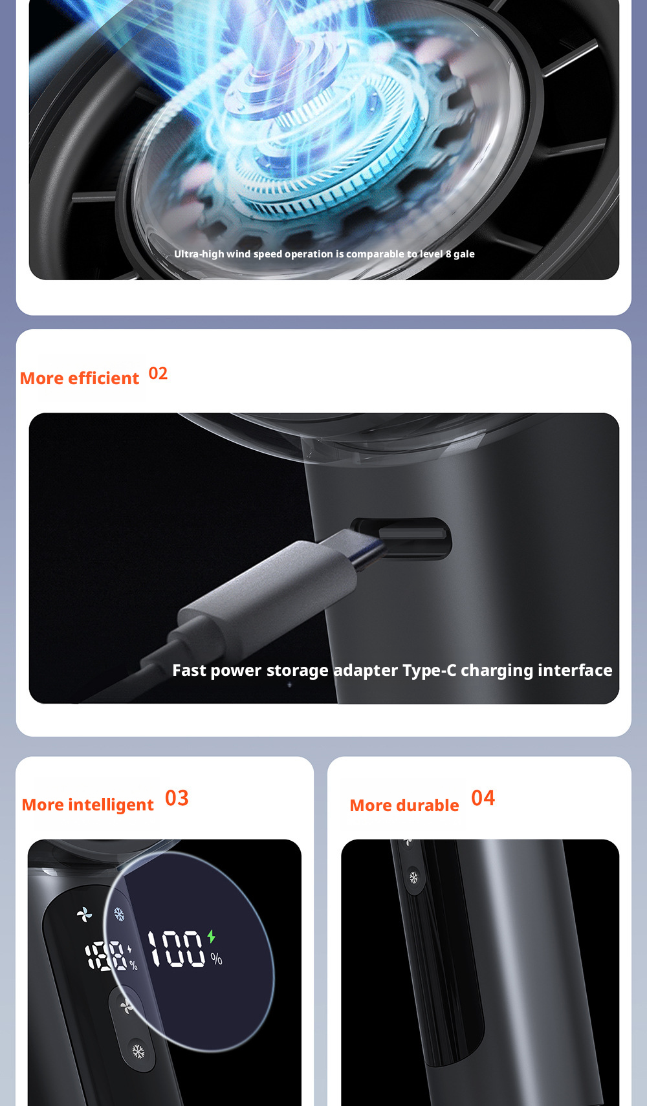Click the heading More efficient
[x=80, y=378]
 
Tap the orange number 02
[x=158, y=373]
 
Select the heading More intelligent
[x=87, y=805]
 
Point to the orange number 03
[x=177, y=798]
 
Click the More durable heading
[x=404, y=805]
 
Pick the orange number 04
[x=483, y=798]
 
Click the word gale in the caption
[x=465, y=254]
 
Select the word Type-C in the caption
[x=429, y=670]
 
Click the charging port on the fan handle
[x=401, y=538]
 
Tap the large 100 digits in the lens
[x=177, y=948]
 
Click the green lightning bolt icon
[x=212, y=936]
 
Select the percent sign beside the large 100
[x=216, y=959]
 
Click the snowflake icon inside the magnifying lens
[x=119, y=914]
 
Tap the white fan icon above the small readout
[x=85, y=915]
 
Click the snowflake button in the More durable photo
[x=413, y=877]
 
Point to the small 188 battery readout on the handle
[x=105, y=956]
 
